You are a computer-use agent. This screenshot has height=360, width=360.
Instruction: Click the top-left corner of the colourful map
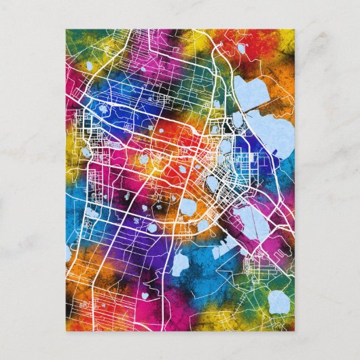66,29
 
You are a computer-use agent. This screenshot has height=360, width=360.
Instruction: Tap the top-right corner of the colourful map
295,29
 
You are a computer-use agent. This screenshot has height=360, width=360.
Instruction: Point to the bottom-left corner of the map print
66,331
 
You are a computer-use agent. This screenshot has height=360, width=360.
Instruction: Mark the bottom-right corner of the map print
295,331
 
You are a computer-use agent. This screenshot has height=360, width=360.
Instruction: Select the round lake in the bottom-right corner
278,302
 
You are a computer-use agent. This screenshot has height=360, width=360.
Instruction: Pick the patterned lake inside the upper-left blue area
102,108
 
